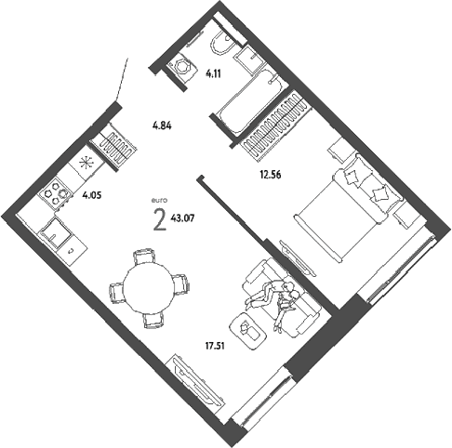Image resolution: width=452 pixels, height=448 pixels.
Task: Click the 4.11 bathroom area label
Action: [214, 74]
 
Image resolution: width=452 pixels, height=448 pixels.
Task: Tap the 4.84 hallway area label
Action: [162, 125]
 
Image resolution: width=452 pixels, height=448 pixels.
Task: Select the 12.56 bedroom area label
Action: [271, 175]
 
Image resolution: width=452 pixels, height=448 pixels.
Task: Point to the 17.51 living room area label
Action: [215, 346]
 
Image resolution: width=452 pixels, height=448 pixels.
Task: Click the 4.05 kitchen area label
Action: [92, 195]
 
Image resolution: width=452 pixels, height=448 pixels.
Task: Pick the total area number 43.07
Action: [182, 218]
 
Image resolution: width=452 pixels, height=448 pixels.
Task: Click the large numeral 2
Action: [160, 220]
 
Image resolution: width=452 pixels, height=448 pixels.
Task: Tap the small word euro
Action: [159, 201]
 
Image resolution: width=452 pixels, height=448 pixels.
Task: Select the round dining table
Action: [149, 288]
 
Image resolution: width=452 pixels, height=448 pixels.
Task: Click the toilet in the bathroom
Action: [221, 44]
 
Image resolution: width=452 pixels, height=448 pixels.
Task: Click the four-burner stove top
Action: [56, 192]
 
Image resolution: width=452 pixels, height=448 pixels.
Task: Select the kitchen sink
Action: [56, 232]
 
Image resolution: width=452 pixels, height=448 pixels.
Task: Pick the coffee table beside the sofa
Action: [248, 331]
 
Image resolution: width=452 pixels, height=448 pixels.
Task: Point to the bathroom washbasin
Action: [249, 59]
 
